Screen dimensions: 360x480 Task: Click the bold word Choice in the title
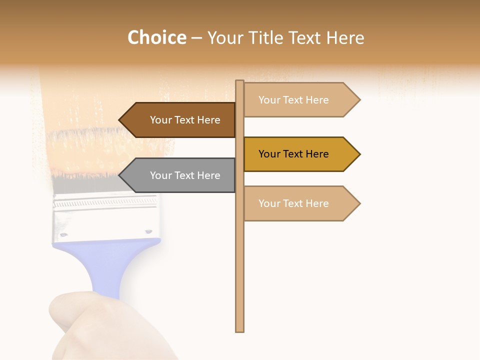[x=156, y=37]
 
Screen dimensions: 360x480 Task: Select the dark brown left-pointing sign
[x=180, y=120]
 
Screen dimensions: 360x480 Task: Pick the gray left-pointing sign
[x=180, y=175]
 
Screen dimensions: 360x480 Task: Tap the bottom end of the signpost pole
[x=240, y=329]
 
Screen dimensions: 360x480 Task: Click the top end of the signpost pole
[x=240, y=82]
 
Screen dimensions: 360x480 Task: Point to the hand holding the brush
[x=100, y=325]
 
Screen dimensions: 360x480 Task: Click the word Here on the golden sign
[x=315, y=154]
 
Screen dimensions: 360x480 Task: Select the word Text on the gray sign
[x=185, y=175]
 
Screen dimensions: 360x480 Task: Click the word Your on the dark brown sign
[x=160, y=120]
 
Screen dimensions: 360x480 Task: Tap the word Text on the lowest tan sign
[x=294, y=203]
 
